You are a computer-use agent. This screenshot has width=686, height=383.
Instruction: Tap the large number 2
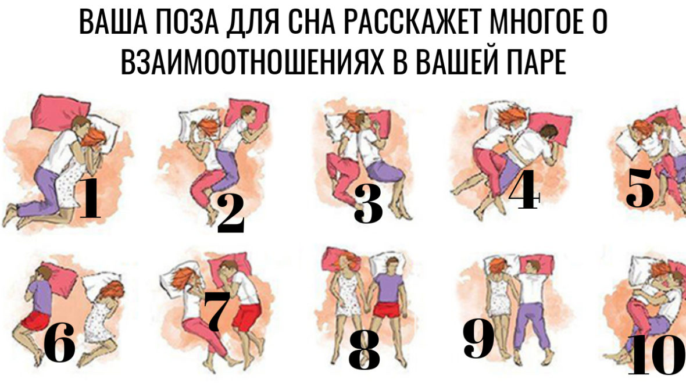[x=230, y=214]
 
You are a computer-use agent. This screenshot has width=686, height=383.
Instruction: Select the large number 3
[x=368, y=204]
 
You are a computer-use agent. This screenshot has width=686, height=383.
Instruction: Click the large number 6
[x=59, y=343]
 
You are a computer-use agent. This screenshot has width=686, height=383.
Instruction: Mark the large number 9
[x=478, y=338]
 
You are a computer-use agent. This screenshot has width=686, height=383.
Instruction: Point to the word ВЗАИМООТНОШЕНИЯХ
[x=253, y=61]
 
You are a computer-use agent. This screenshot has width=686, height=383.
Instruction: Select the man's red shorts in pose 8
[x=385, y=310]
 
